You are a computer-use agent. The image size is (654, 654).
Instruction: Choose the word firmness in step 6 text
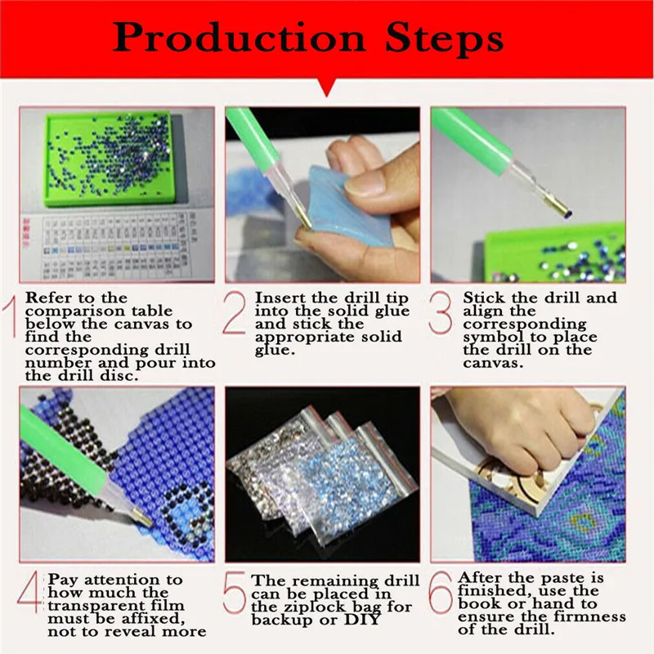click(x=584, y=616)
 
